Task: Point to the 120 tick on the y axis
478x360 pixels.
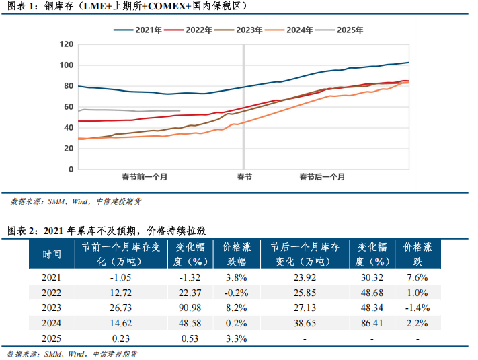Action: pos(66,44)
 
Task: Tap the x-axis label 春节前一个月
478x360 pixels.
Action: pos(145,177)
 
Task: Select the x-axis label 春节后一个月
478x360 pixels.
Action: pos(323,177)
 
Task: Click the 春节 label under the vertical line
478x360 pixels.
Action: pos(244,177)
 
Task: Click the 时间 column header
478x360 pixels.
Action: pos(52,254)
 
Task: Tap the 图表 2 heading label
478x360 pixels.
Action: pos(21,231)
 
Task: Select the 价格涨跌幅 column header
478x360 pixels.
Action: pos(236,254)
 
